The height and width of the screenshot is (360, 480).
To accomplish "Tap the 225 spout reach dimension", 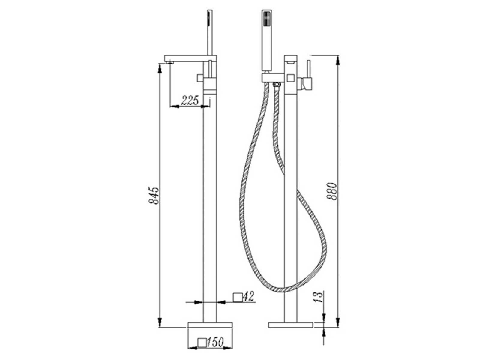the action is pos(190,100).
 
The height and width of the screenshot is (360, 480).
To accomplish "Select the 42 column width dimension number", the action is pos(249,297).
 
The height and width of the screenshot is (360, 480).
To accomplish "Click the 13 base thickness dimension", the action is pos(318,297).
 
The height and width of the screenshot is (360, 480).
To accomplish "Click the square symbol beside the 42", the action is pos(238,298).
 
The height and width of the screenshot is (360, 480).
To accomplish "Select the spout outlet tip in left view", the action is pos(169,63).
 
